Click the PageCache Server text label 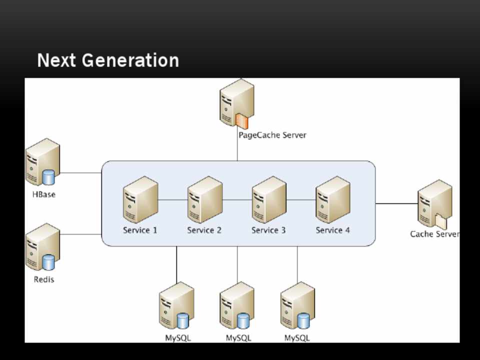point(272,135)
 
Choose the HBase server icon point(42,162)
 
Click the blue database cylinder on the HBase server point(48,177)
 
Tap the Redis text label point(44,279)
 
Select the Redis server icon point(42,247)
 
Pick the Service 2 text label point(204,230)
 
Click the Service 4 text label point(332,230)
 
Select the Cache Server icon point(434,203)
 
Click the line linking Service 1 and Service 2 point(173,200)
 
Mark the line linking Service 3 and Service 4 point(301,200)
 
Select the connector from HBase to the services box point(80,173)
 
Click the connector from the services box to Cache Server point(396,204)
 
